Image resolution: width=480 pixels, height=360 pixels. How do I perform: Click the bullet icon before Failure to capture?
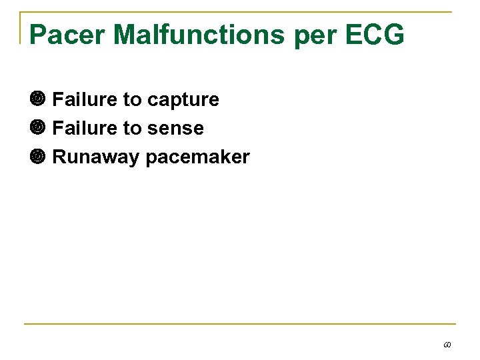(x=37, y=99)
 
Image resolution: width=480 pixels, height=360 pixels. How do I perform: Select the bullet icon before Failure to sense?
(x=37, y=128)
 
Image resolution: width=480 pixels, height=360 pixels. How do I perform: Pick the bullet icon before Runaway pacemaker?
(x=37, y=157)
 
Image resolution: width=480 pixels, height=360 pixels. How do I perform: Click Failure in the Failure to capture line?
(x=85, y=99)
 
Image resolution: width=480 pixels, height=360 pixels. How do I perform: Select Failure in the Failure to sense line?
(x=85, y=128)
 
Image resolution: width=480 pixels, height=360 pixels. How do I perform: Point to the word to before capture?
(x=132, y=100)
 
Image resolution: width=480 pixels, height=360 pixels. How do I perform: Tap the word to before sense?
(x=132, y=129)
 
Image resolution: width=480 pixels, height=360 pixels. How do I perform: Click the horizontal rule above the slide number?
(x=240, y=324)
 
